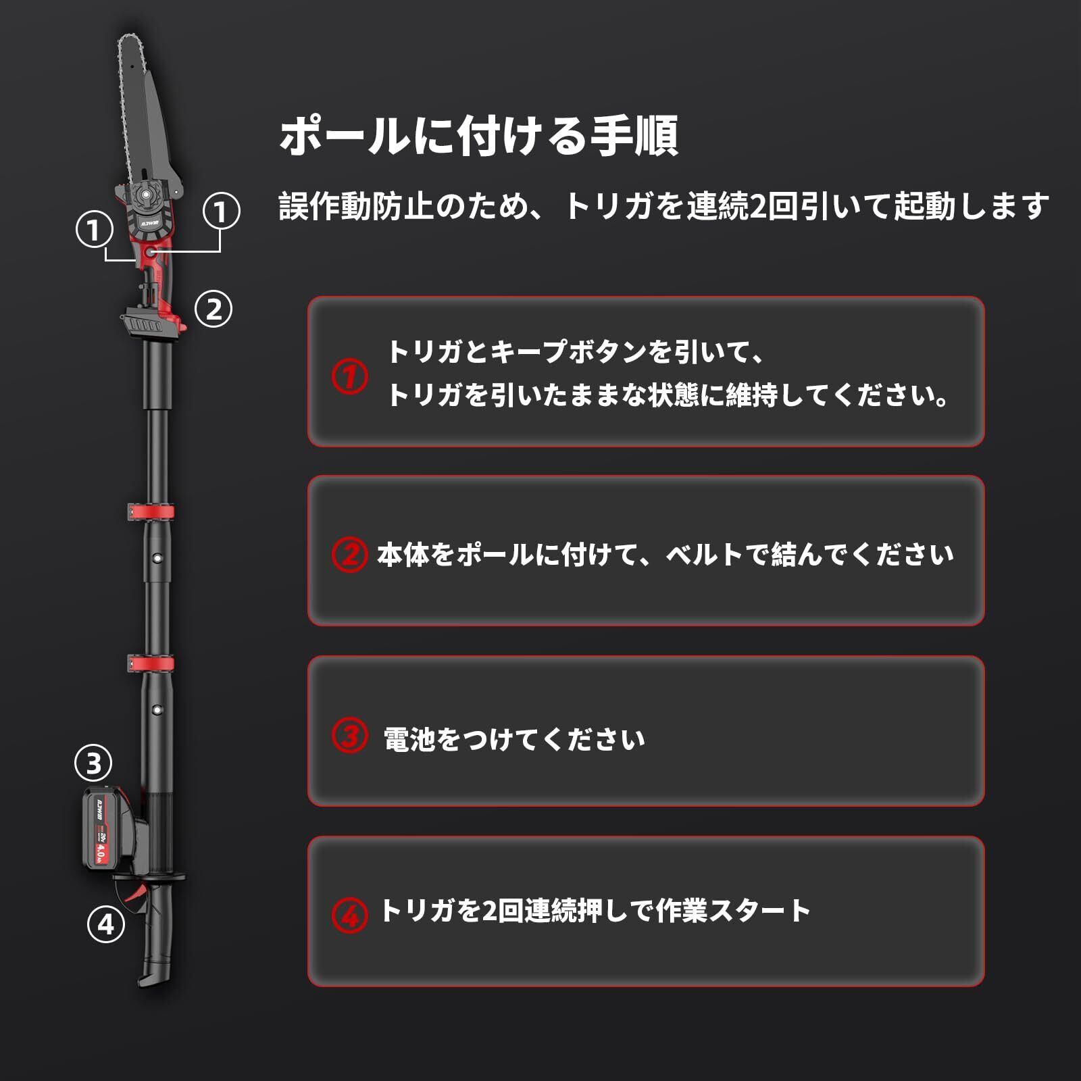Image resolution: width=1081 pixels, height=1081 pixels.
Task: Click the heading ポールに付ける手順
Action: click(478, 136)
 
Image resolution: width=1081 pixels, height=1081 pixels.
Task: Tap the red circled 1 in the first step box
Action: click(349, 376)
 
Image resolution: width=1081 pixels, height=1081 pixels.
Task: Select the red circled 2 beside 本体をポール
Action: click(349, 554)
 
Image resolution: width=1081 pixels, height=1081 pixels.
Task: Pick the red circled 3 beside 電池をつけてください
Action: click(349, 735)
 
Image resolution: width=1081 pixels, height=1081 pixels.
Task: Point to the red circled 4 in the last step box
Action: click(349, 915)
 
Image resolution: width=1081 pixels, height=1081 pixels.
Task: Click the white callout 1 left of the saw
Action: click(94, 230)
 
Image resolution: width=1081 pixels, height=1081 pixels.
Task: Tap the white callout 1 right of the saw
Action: click(221, 211)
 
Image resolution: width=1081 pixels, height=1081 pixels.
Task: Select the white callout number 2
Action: click(213, 309)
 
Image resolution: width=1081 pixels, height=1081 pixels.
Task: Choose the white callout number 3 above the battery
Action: click(93, 763)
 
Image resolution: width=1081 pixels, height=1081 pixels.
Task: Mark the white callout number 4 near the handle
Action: click(106, 924)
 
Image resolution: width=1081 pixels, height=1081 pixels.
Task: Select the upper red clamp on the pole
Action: click(151, 511)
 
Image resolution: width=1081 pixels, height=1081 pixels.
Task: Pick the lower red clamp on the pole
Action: click(151, 663)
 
